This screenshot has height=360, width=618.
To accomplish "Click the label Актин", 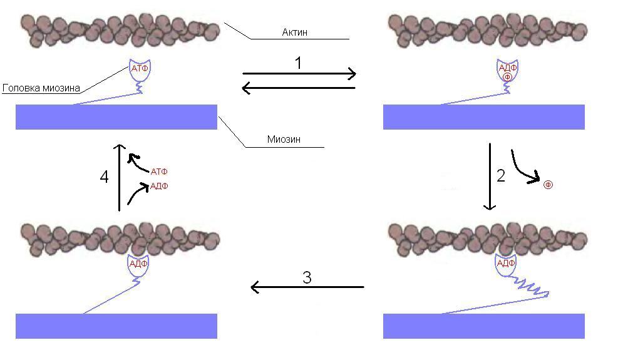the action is (294, 33).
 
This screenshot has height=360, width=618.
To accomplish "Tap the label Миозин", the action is (284, 139).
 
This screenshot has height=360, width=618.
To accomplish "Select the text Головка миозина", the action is (41, 88).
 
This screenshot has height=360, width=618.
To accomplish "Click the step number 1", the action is (299, 63).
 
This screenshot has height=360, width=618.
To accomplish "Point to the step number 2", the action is (501, 176).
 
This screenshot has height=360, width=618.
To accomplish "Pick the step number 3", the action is (307, 277).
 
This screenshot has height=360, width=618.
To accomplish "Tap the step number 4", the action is (104, 177).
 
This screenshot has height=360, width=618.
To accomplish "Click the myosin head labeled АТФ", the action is (140, 70).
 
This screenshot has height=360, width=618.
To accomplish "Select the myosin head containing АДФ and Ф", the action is (507, 71).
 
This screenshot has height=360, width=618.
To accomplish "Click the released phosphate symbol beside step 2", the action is (548, 185).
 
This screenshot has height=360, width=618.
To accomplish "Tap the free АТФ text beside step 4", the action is (159, 172).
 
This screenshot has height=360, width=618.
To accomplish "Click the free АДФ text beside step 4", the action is (159, 186).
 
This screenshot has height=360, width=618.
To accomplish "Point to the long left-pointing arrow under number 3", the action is (307, 287).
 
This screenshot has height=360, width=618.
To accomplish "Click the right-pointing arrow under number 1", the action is (299, 73).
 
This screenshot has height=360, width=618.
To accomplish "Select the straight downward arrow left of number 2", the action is (490, 177).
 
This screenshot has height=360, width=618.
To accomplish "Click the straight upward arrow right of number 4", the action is (119, 177).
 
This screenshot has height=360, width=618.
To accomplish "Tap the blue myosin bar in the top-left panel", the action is (116, 117).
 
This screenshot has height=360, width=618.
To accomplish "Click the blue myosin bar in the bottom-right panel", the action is (483, 326).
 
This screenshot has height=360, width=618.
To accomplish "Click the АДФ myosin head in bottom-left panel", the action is (138, 265).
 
